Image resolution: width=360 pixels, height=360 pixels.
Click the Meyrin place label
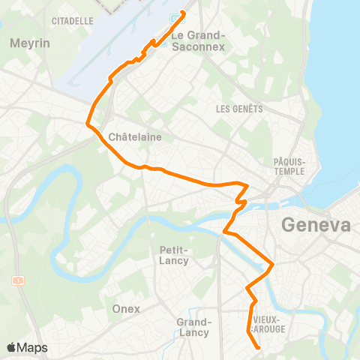[30, 43]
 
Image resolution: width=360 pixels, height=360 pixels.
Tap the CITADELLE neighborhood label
[72, 20]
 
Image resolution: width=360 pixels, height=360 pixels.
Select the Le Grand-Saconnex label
[198, 40]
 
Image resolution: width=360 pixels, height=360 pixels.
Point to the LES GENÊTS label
[239, 108]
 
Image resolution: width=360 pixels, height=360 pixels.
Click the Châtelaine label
[135, 136]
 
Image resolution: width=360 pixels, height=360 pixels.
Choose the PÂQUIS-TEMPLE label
[289, 166]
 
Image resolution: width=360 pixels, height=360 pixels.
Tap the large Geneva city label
[316, 225]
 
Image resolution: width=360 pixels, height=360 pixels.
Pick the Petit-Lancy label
[173, 255]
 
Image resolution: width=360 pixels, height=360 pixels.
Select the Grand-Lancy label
[193, 327]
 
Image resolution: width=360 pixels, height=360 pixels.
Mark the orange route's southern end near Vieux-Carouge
[259, 348]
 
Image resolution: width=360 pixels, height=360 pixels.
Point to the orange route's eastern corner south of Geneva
[273, 264]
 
